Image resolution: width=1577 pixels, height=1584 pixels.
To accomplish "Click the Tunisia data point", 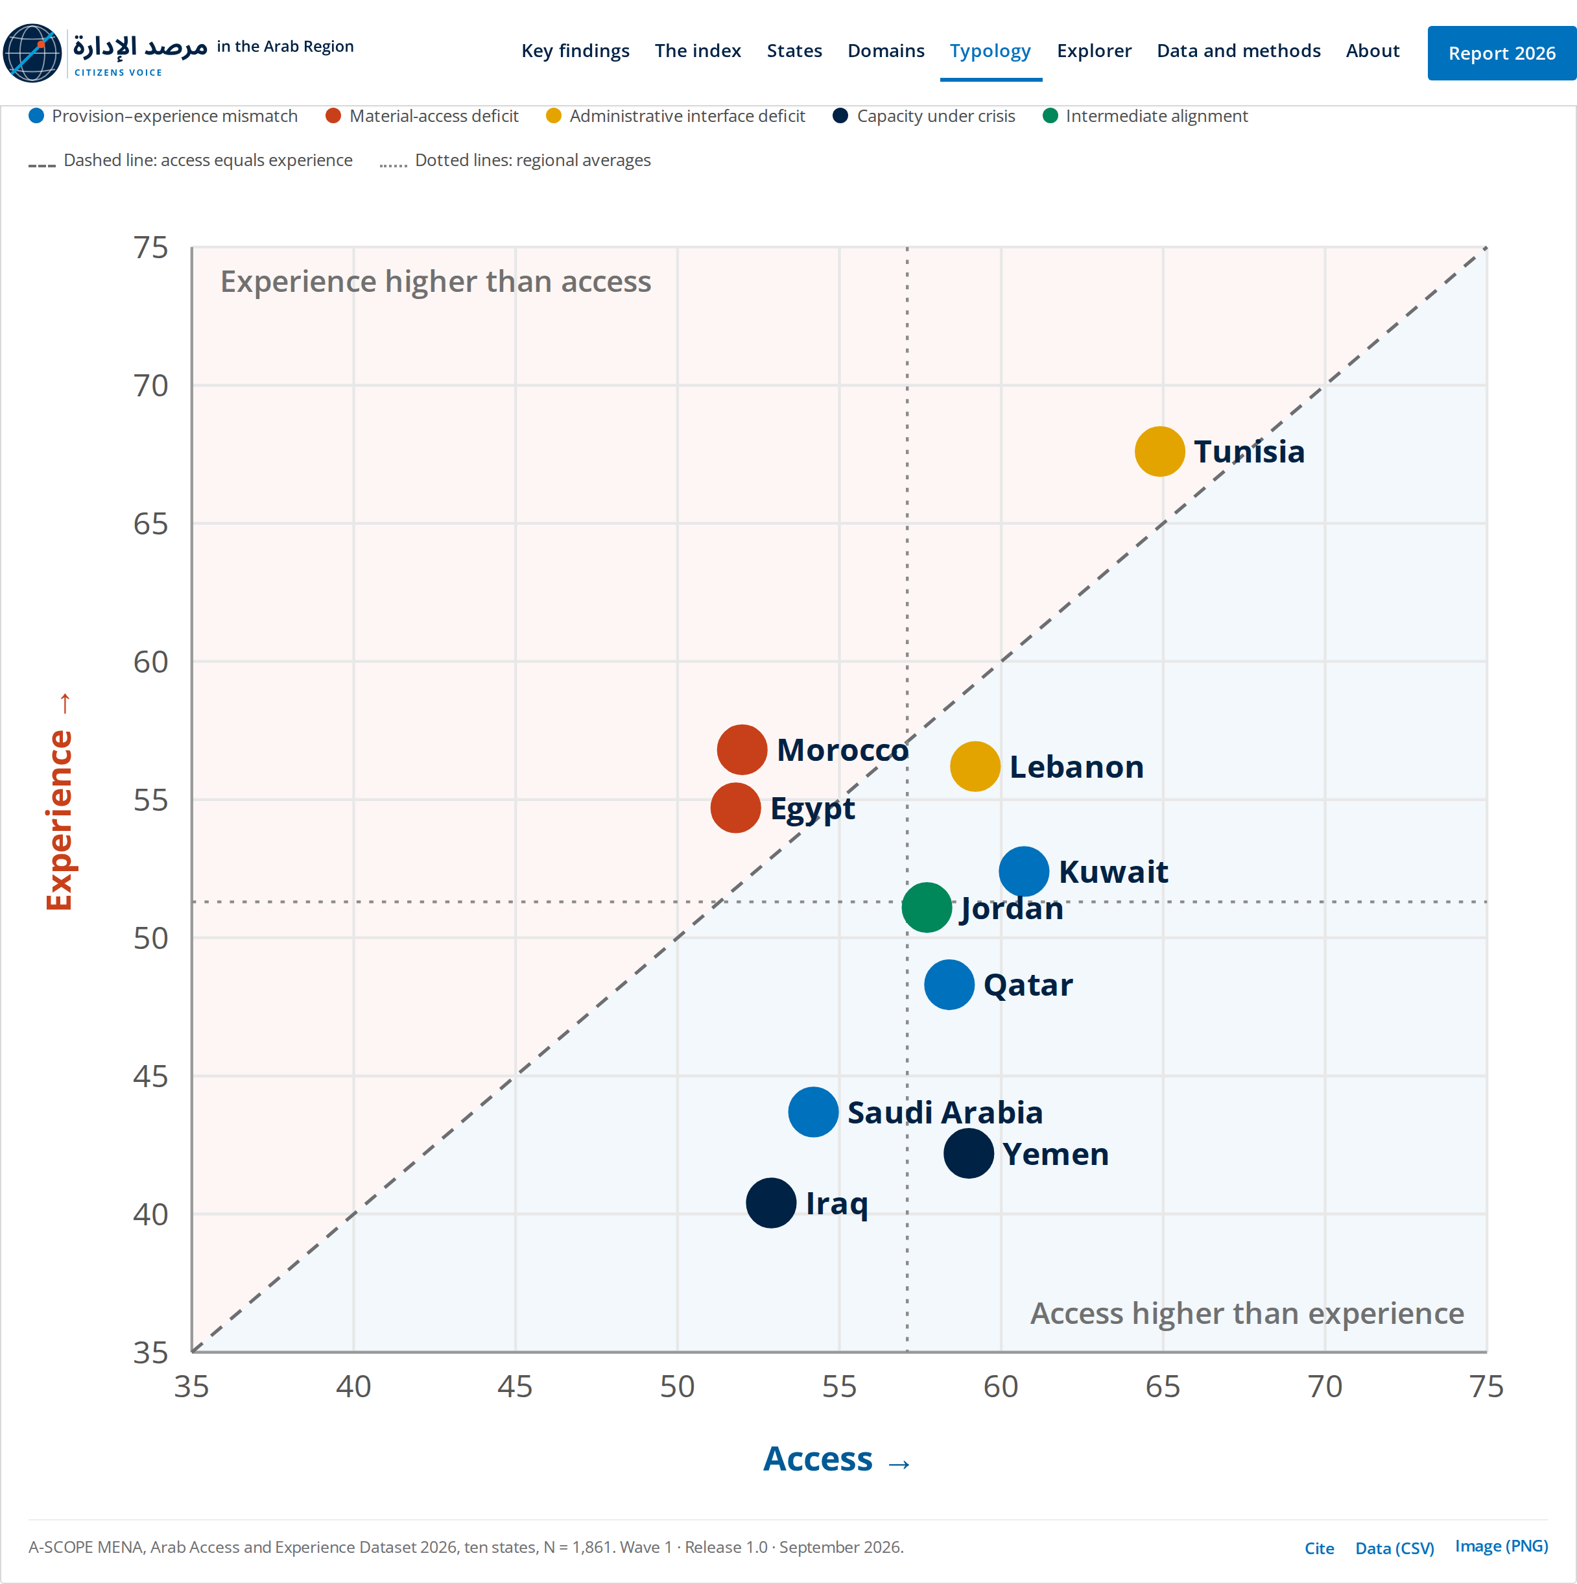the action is pos(1160,451).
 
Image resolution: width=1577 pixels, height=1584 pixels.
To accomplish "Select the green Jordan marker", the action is pos(927,907).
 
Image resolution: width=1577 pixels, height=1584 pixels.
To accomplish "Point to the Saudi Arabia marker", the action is pos(813,1112).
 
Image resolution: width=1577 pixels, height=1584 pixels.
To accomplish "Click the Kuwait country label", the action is pos(1113,872).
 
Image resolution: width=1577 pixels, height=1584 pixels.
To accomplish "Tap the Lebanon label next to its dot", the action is pos(1076,767).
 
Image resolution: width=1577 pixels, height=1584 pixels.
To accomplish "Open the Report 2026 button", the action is pos(1502,53).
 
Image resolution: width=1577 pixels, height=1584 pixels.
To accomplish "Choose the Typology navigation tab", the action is pos(990,51).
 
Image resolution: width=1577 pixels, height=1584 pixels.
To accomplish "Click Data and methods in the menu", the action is pos(1239,51).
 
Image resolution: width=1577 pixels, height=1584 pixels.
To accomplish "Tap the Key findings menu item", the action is pos(575,51).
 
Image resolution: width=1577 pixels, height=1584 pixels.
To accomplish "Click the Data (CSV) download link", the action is pos(1394,1548).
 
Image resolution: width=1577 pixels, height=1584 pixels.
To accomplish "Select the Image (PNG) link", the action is pos(1502,1546).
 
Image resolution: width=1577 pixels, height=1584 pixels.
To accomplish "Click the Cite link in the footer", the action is pos(1320,1548).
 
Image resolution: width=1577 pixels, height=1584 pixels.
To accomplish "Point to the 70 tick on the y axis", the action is pos(151,385).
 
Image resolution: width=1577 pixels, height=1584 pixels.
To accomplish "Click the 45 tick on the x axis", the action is pos(515,1386).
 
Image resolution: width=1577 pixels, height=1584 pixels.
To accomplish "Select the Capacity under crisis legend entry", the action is pos(924,115).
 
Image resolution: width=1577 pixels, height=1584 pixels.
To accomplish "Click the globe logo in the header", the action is pos(32,53).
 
